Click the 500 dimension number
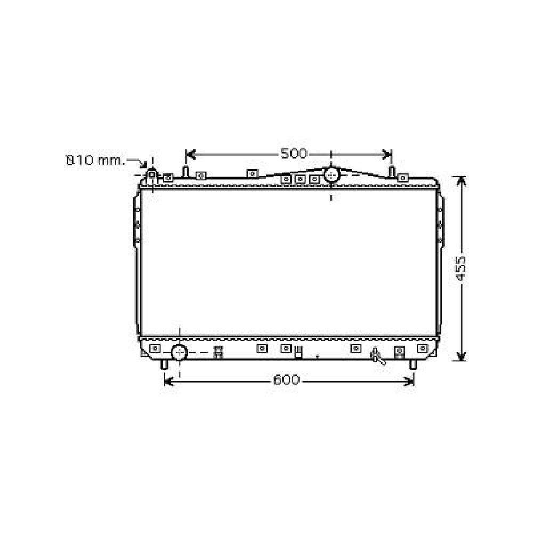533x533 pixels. point(294,154)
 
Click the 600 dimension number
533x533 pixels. point(287,380)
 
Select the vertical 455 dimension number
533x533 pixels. point(462,269)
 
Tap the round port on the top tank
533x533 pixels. point(332,174)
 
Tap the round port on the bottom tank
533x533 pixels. point(179,352)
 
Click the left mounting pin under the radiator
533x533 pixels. point(164,365)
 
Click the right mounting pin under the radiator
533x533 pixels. point(412,365)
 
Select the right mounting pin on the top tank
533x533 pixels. point(391,172)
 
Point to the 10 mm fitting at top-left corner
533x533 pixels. point(152,174)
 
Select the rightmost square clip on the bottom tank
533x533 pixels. point(423,348)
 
